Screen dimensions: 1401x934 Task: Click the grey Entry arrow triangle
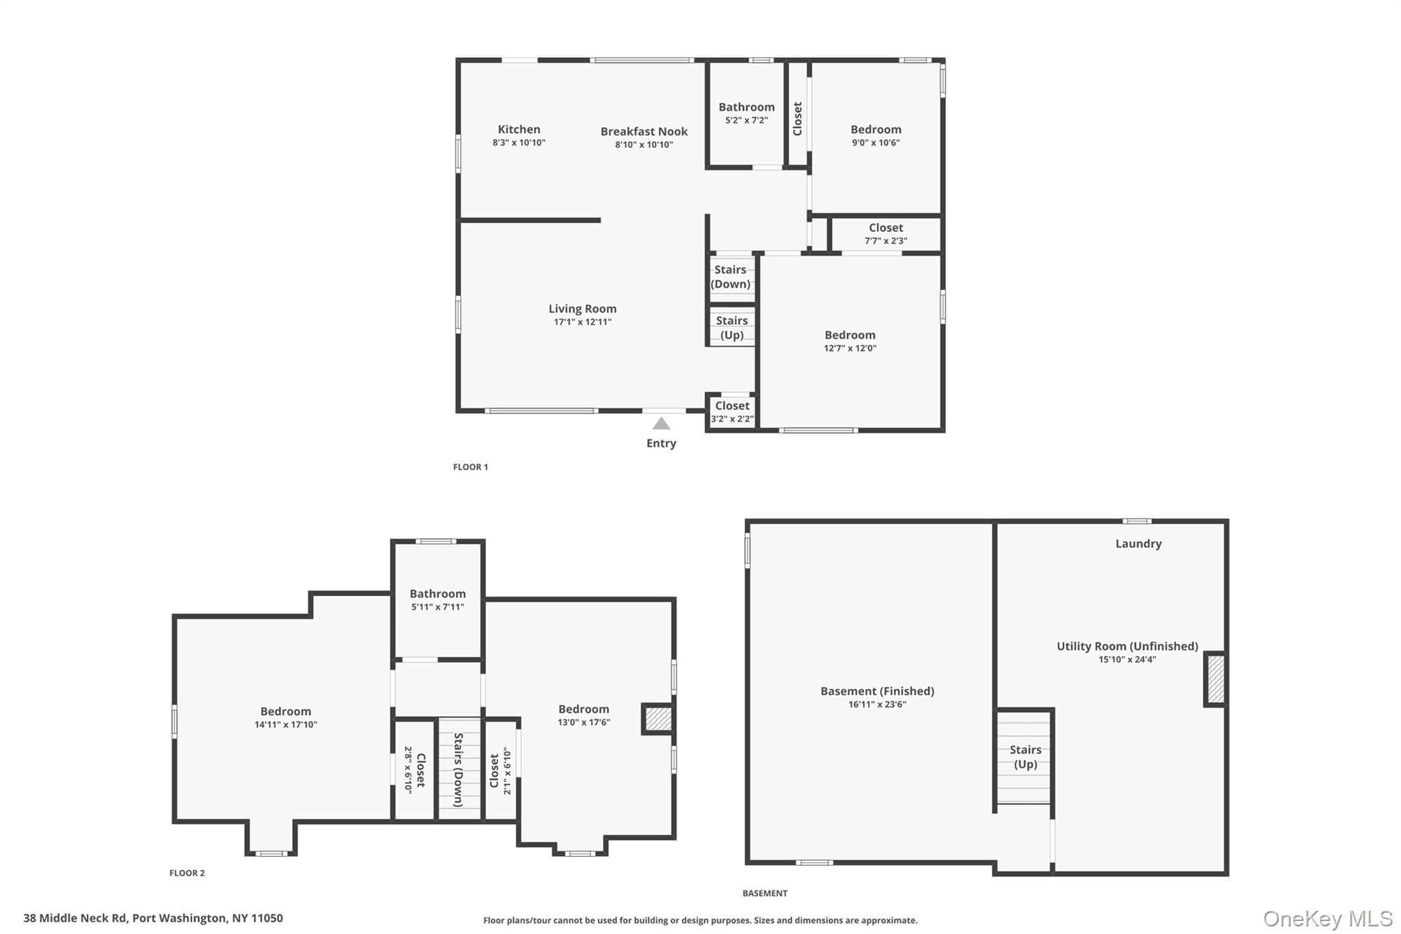pos(661,424)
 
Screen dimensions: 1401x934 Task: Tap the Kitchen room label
pos(519,129)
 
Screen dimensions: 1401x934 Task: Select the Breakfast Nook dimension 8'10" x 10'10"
pos(644,144)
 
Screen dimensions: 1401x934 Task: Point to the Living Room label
pos(582,309)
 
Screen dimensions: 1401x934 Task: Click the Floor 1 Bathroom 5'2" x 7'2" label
pos(746,113)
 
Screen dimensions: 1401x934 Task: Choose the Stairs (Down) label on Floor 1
pos(731,276)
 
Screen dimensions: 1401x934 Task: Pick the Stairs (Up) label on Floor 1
pos(732,327)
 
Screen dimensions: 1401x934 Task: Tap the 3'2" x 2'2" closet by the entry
pos(732,412)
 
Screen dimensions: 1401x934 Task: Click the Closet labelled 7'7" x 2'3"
pos(886,233)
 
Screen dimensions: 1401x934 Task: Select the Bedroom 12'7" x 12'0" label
pos(850,341)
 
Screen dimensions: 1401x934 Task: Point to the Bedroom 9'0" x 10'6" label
pos(876,135)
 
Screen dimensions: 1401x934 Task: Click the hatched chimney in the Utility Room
pos(1216,679)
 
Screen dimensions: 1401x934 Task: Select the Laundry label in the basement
pos(1138,543)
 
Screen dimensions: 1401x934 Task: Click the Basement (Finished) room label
pos(877,691)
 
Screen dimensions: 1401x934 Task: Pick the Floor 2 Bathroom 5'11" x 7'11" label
pos(438,599)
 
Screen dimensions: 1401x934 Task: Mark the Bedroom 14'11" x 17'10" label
pos(286,717)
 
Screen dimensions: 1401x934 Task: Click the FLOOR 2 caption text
pos(187,872)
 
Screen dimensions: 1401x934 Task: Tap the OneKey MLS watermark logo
pos(1327,918)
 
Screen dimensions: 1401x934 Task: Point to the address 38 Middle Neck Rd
pos(75,918)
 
